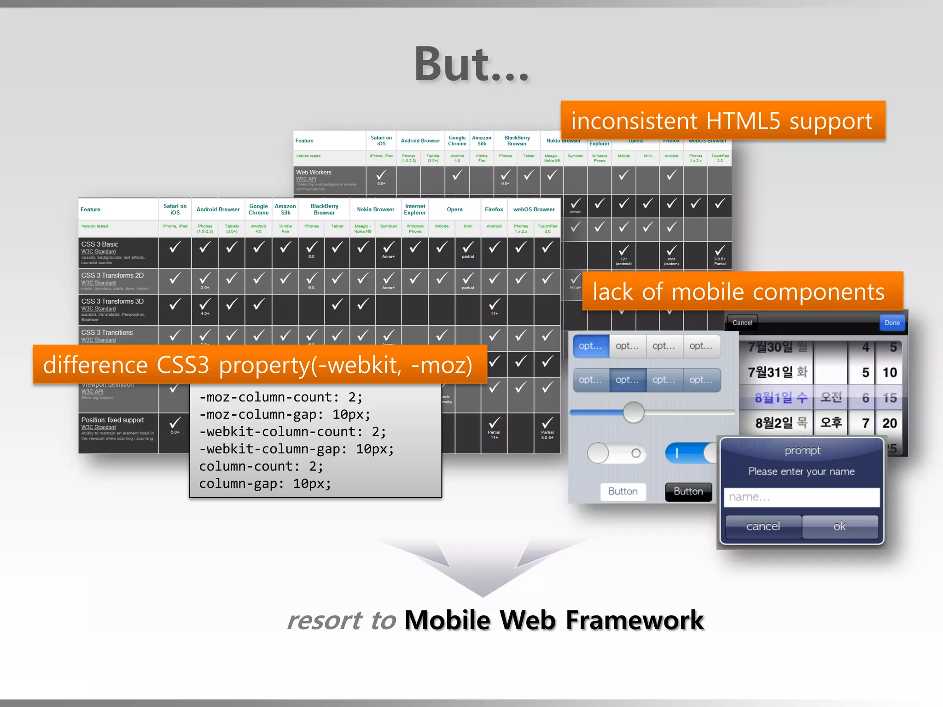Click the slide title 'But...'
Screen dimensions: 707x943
[471, 64]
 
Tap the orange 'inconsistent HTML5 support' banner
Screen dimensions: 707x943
[722, 121]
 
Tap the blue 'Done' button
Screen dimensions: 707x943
[891, 323]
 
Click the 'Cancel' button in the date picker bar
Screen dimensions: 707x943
[742, 323]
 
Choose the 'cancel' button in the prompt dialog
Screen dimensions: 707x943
[763, 526]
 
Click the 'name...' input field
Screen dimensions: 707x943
[801, 497]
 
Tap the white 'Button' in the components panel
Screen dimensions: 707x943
[623, 491]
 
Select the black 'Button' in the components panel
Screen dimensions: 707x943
[688, 491]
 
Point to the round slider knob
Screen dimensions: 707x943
[634, 412]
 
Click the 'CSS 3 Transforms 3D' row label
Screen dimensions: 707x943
[112, 301]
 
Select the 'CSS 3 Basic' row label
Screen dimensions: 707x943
[100, 244]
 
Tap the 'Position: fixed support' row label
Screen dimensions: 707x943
[112, 420]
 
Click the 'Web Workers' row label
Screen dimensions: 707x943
[314, 173]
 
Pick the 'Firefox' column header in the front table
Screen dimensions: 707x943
[494, 209]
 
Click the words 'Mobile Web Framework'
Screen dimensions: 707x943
[554, 620]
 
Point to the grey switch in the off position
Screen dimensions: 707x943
[617, 453]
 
